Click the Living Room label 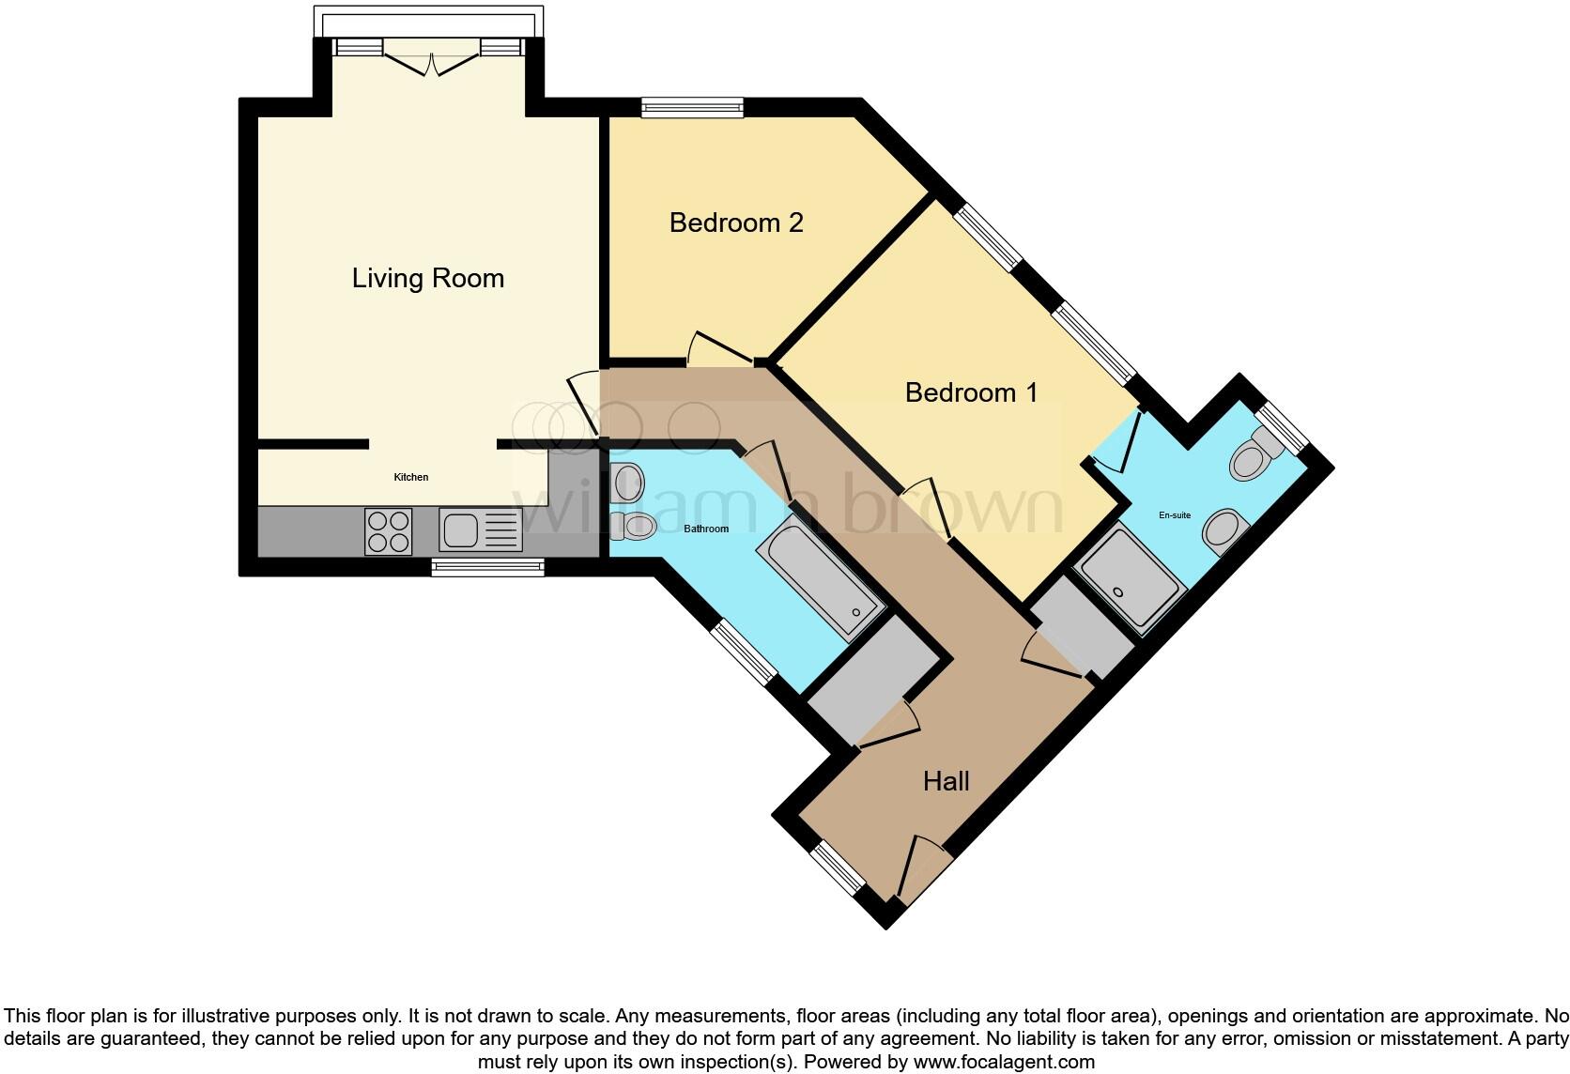pos(427,278)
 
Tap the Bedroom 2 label pos(736,222)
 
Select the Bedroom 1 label pos(971,392)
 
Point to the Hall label pos(946,781)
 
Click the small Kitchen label pos(410,478)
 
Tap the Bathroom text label pos(705,529)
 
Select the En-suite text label pos(1174,515)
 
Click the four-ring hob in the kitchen pos(388,531)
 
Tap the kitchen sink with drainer pos(480,531)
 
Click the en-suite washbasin pos(1224,532)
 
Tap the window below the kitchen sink pos(487,566)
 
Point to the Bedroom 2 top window pos(692,108)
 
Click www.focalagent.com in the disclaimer pos(1004,1063)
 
